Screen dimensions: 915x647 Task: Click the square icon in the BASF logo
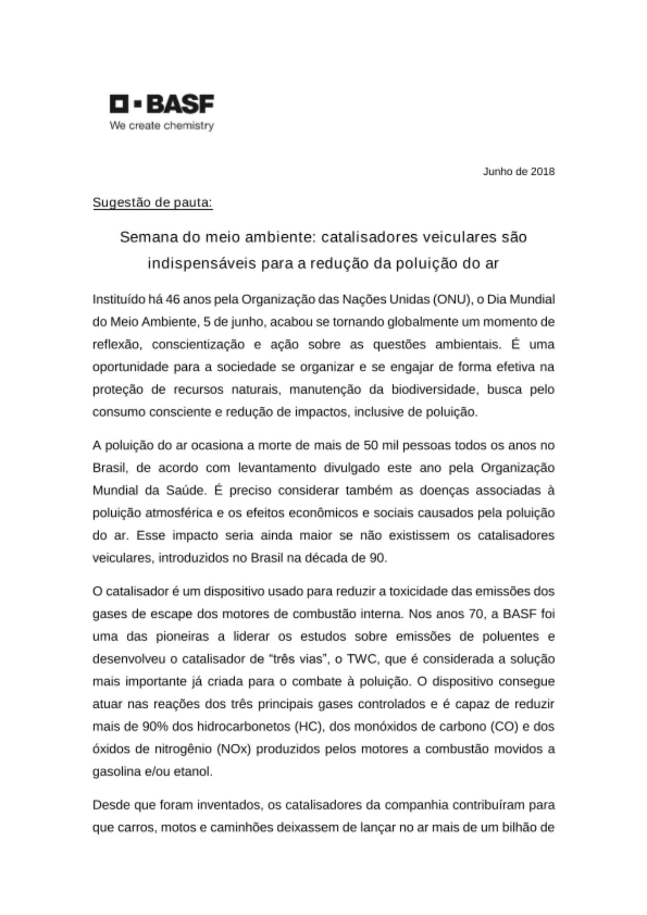coord(119,104)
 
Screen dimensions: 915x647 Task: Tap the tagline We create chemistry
coord(162,125)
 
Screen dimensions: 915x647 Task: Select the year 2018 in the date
coord(543,172)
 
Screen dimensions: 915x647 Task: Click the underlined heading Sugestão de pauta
coord(153,202)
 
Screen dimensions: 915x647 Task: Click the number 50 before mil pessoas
coord(370,446)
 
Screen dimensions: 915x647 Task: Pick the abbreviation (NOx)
coord(235,749)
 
